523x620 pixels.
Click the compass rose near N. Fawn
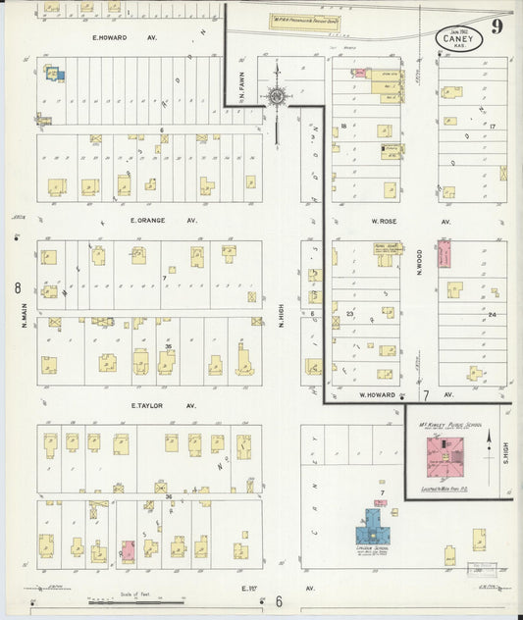[x=278, y=96]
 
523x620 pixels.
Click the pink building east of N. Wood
[x=444, y=254]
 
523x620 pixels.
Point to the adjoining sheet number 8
[x=18, y=288]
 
